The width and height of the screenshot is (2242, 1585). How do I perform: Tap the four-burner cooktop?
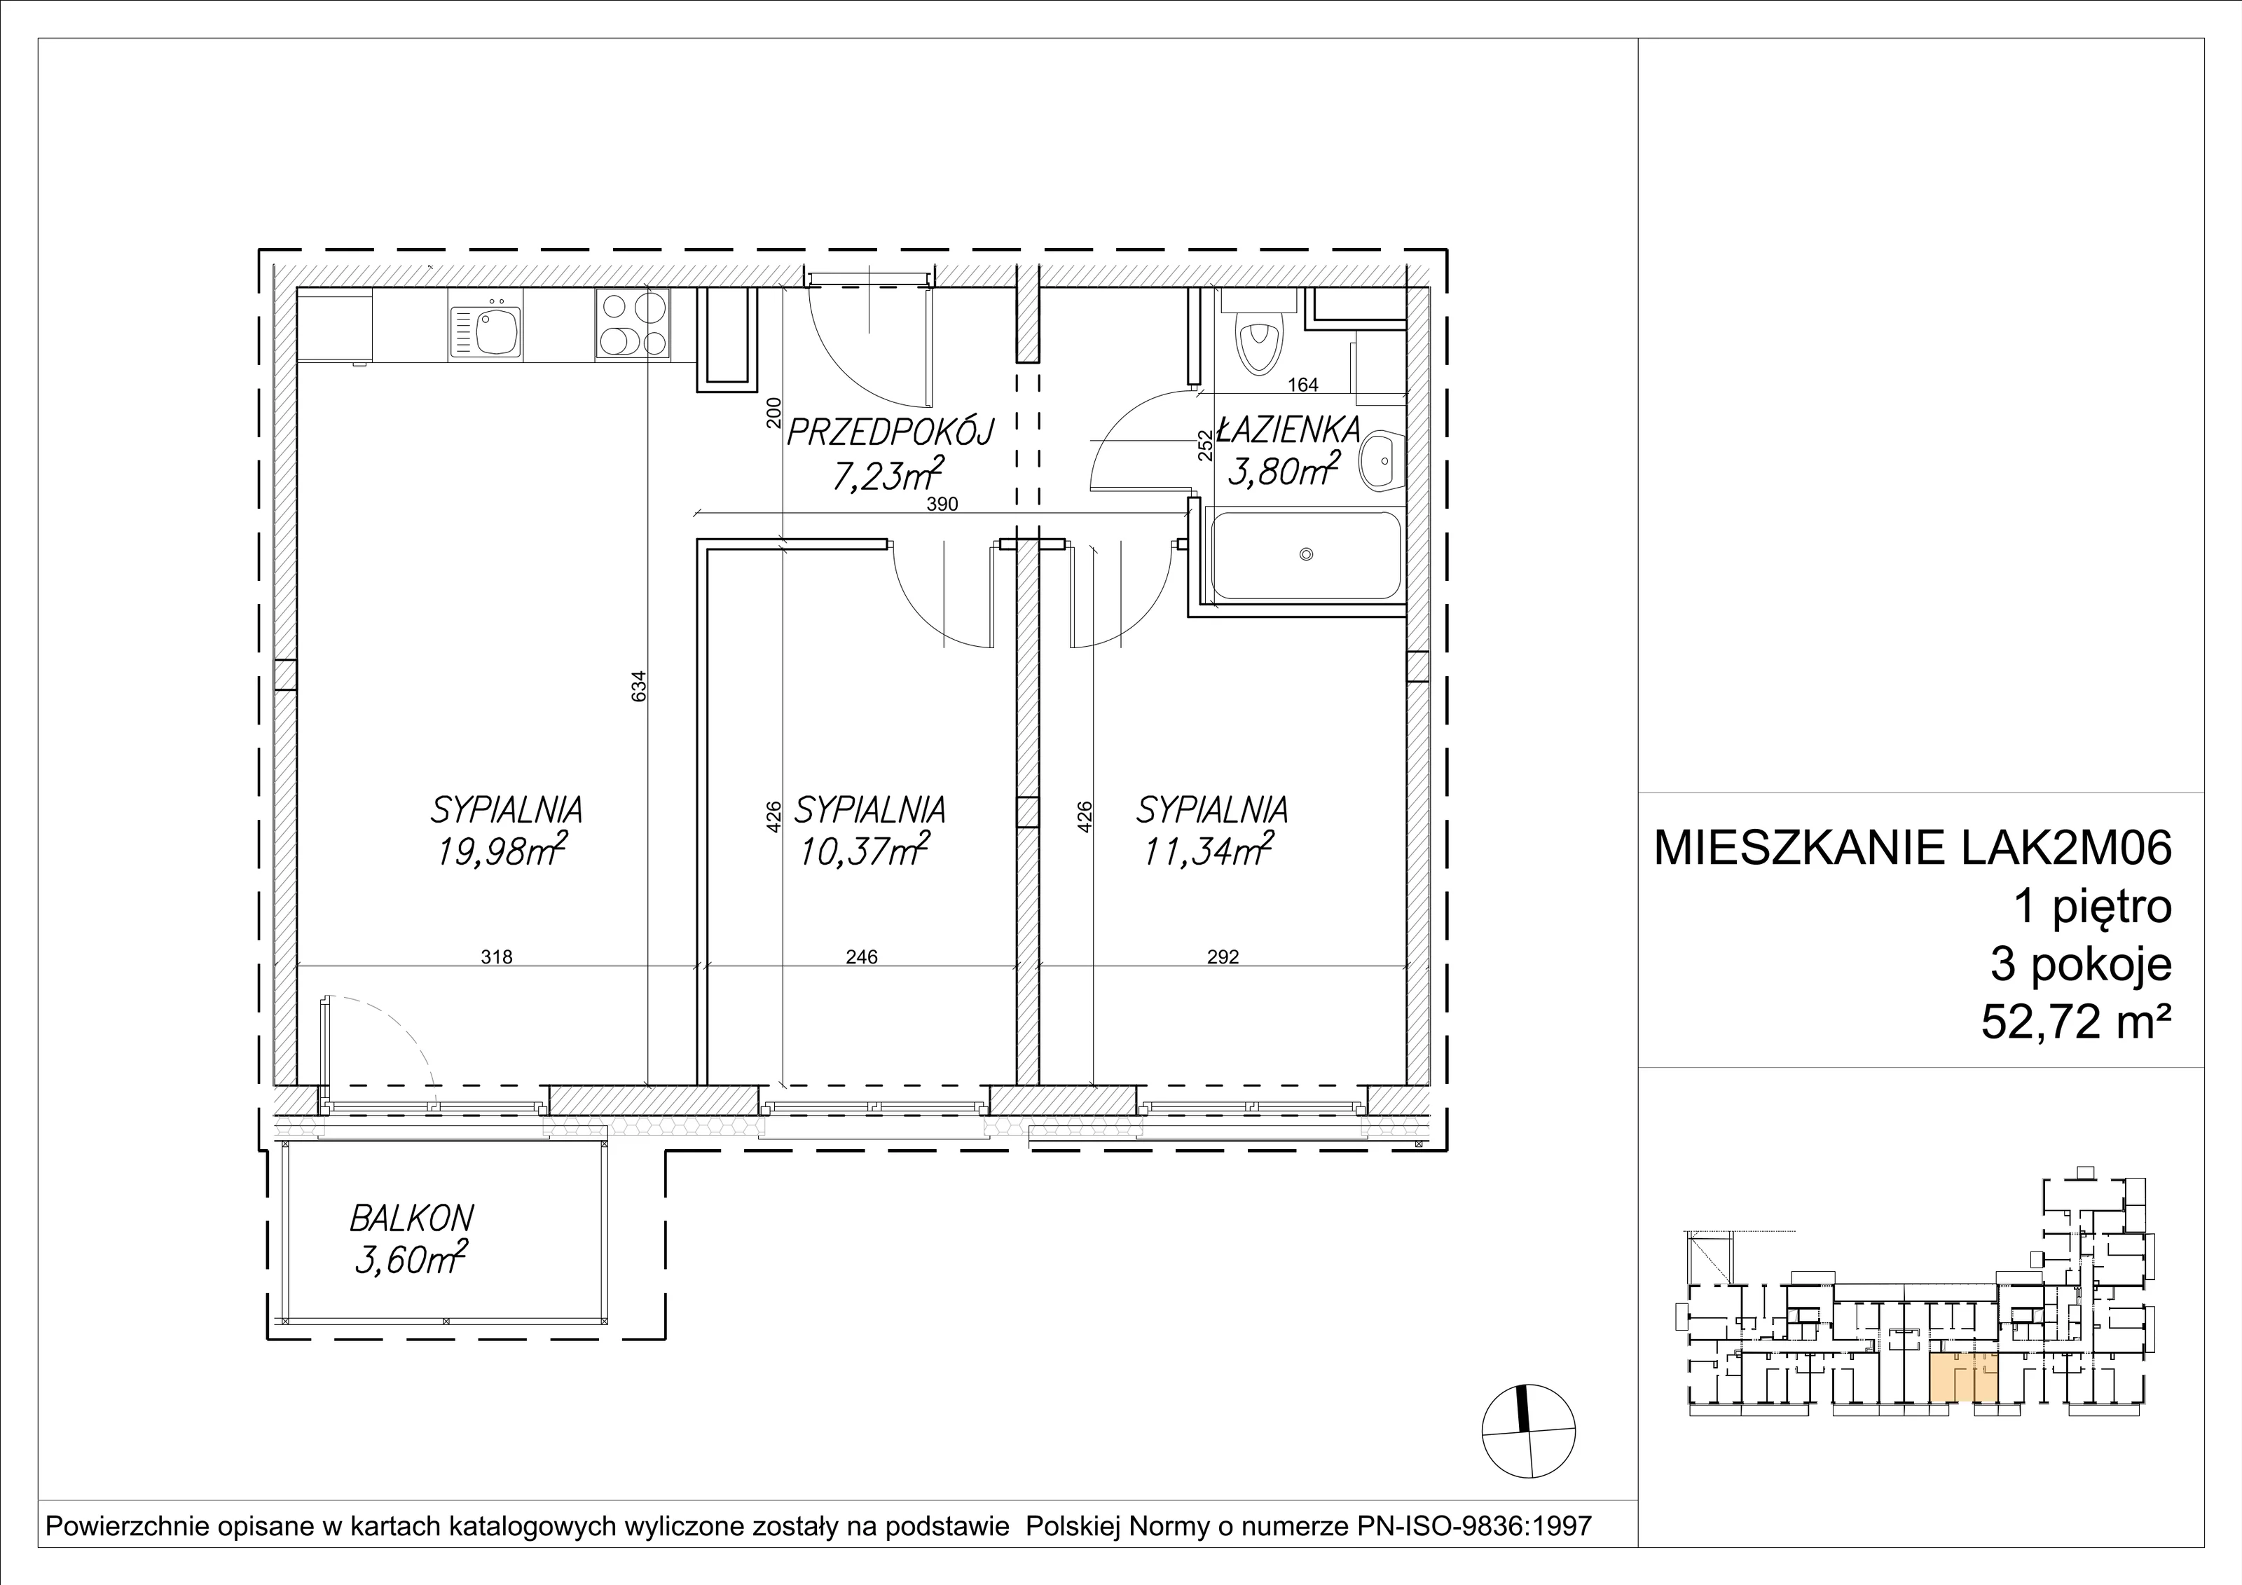click(x=633, y=324)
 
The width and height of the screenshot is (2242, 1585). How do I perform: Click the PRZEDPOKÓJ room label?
click(x=890, y=432)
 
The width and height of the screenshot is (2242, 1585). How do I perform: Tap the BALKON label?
click(x=412, y=1218)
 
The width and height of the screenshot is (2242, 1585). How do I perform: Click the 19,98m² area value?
click(x=502, y=851)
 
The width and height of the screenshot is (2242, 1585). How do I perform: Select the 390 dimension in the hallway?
click(x=942, y=505)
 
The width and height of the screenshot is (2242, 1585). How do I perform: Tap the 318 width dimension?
click(x=496, y=957)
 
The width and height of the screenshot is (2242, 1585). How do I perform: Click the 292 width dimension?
click(x=1223, y=957)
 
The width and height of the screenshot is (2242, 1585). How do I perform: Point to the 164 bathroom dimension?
click(x=1302, y=385)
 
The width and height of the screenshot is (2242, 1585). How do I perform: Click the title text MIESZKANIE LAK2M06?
click(x=1912, y=848)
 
